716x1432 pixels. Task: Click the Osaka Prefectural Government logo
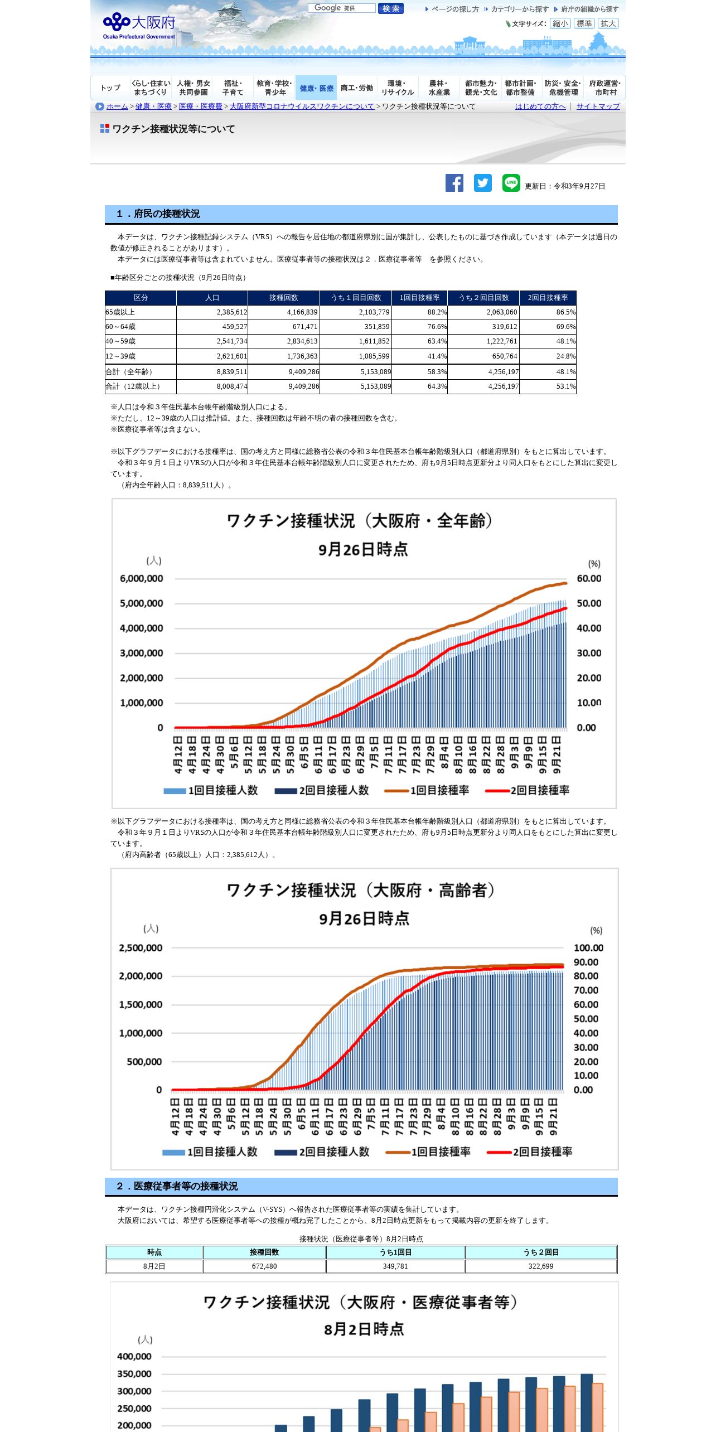[139, 25]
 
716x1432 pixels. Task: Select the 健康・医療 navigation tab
[316, 88]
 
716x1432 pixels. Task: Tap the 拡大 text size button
[608, 23]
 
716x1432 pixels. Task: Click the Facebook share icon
[454, 183]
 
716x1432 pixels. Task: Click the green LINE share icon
[511, 183]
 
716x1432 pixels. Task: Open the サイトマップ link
[598, 107]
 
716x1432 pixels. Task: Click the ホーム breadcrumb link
[117, 107]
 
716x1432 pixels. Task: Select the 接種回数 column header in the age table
[284, 298]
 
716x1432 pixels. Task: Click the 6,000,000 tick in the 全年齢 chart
[142, 579]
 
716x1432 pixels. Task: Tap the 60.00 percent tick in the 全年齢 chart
[589, 579]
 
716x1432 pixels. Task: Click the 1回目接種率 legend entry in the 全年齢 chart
[439, 790]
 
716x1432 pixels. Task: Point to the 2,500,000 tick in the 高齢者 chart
[141, 948]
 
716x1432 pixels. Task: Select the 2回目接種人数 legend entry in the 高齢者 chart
[333, 1152]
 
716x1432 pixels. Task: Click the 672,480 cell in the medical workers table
[264, 1266]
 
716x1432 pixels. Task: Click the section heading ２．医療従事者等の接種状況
[177, 1186]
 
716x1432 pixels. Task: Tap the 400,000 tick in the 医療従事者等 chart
[134, 1356]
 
